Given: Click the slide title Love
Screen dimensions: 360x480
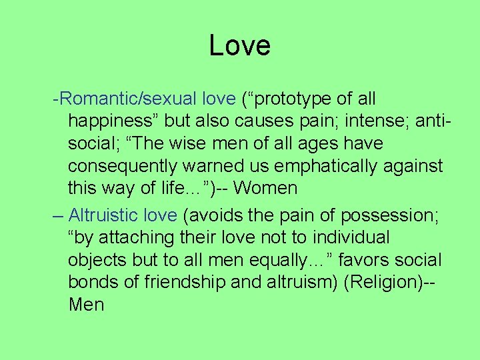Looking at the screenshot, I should tap(239, 46).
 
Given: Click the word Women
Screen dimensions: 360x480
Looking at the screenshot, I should tap(265, 188).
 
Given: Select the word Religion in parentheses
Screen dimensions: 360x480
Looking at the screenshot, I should tap(385, 282).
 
